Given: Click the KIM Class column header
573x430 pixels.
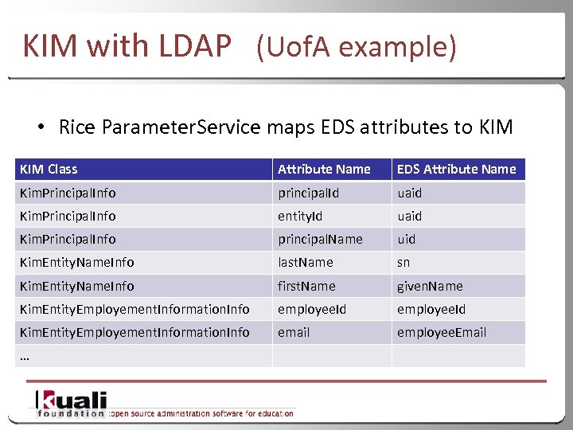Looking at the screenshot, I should point(49,169).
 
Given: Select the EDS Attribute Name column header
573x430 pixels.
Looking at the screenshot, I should point(456,169).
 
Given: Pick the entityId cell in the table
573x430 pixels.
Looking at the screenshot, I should point(299,216).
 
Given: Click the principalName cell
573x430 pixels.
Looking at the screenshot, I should point(320,239).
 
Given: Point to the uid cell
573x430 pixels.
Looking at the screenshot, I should point(406,239).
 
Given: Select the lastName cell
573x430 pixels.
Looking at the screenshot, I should point(305,262).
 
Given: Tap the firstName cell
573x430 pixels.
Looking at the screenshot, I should point(306,286).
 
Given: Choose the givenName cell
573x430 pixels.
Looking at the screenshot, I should point(430,286).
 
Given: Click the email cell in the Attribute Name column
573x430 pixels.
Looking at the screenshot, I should point(294,332).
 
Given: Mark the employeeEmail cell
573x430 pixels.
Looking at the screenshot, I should point(442,332).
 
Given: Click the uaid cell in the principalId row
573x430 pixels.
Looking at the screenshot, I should point(410,193).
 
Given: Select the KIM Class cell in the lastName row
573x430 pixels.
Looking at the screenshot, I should point(76,262).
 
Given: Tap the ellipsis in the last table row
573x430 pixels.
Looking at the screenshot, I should point(24,357).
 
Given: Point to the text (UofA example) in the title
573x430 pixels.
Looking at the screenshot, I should point(356,48).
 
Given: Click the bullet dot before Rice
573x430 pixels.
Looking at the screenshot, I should point(39,127).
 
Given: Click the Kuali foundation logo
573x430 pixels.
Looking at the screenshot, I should point(71,405).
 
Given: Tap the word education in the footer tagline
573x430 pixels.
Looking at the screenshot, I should point(268,412).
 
